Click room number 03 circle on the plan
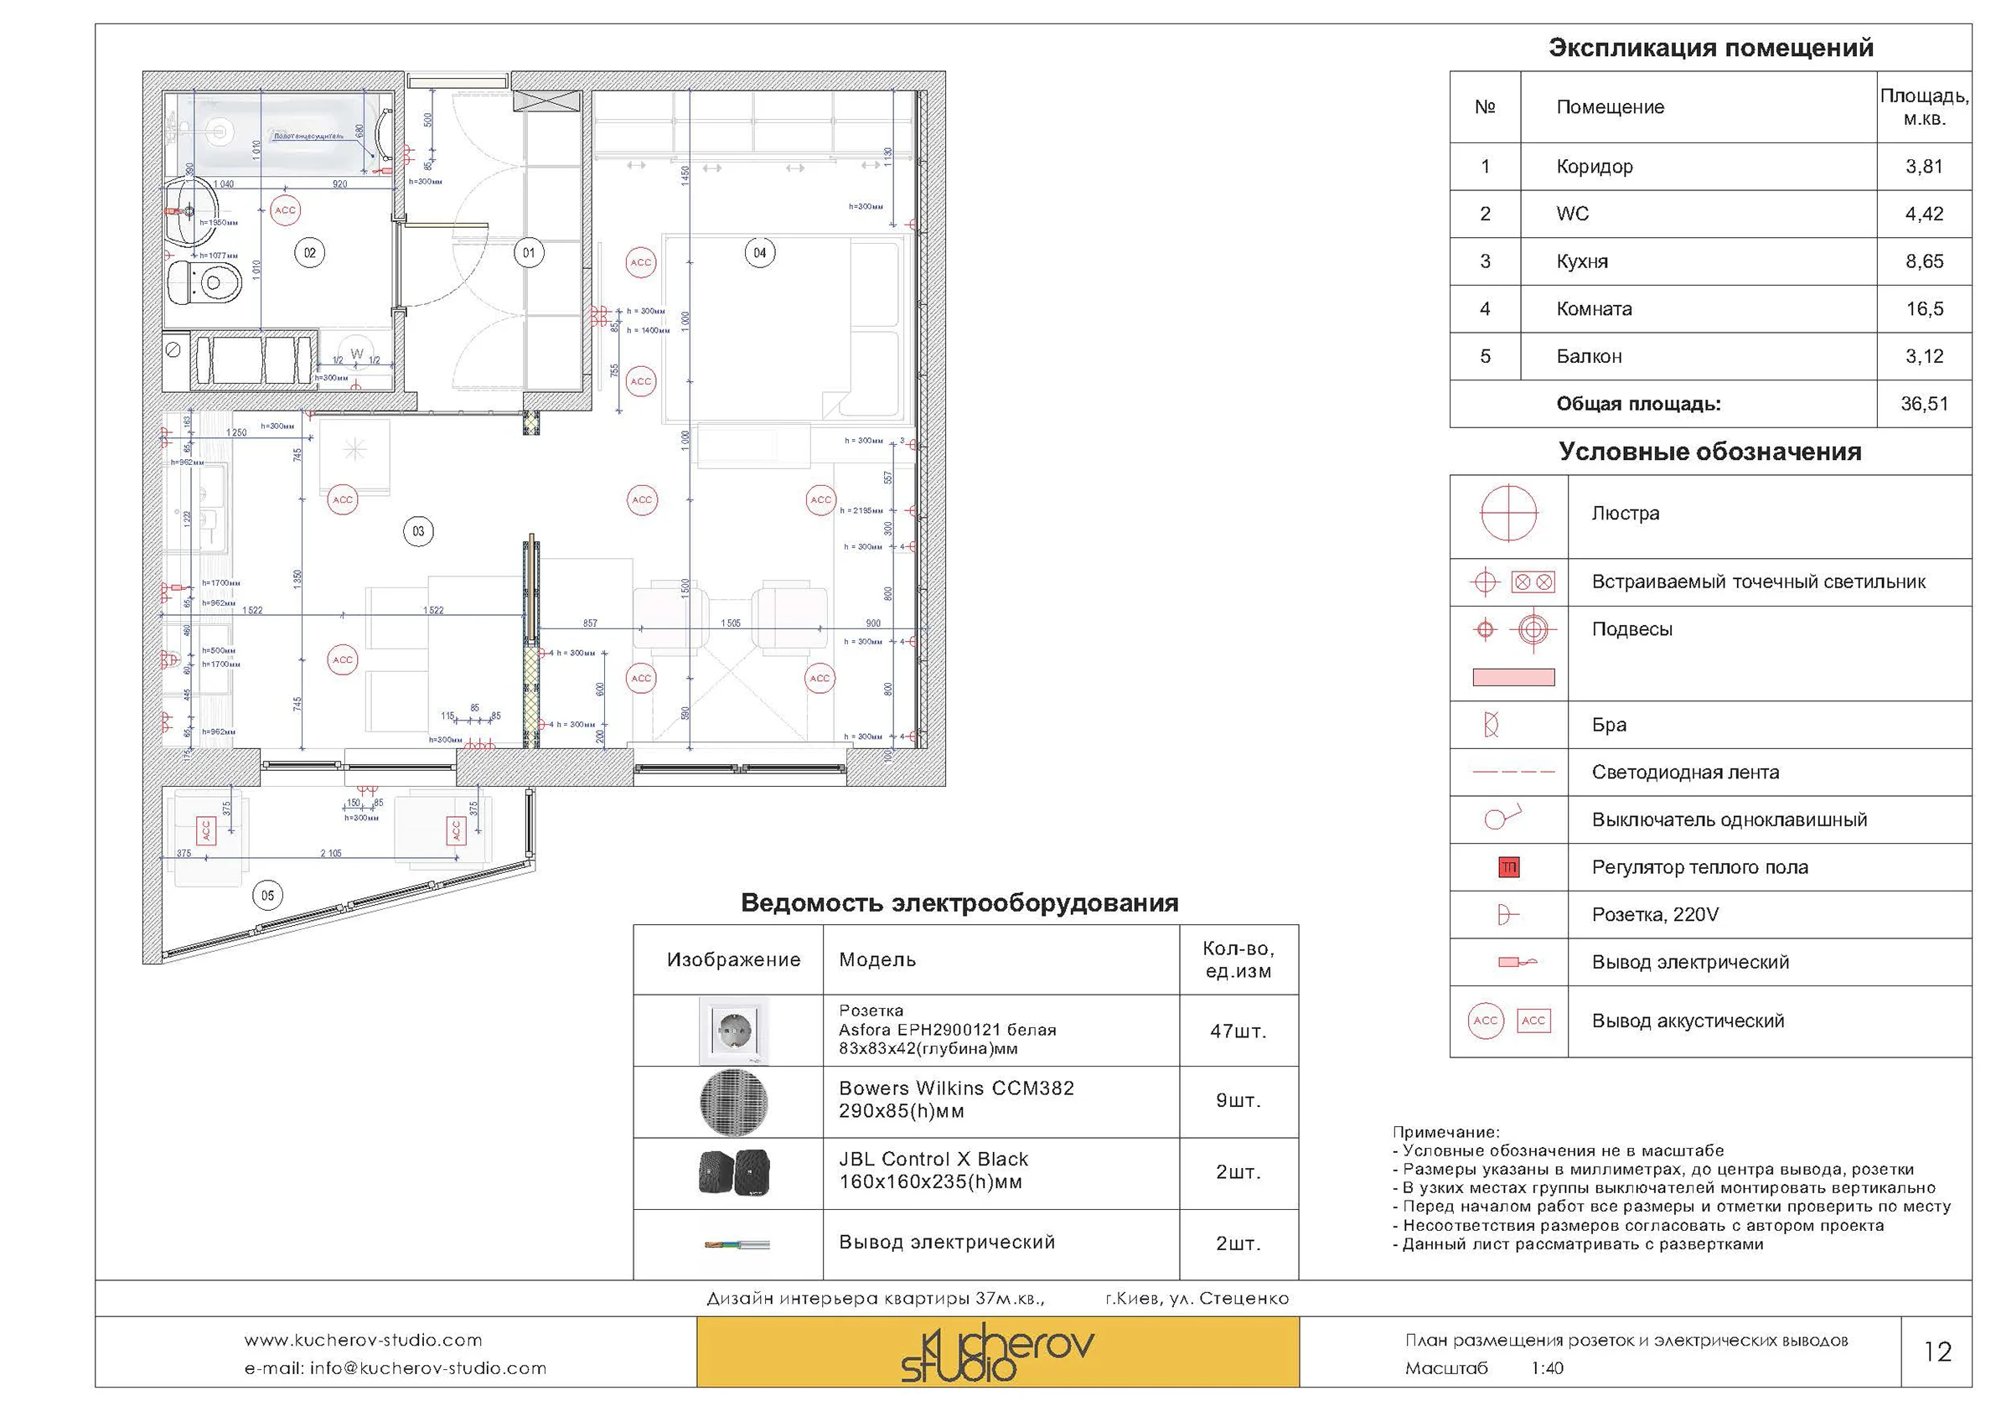point(418,531)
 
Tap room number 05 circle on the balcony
point(268,896)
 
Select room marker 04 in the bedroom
point(760,253)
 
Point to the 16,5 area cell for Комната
point(1924,309)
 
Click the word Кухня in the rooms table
point(1581,261)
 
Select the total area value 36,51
point(1924,404)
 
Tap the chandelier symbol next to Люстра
point(1508,514)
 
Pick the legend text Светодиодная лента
point(1685,773)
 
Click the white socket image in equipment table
point(734,1031)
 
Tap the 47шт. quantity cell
point(1238,1032)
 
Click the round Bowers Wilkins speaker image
point(734,1103)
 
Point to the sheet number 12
point(1937,1352)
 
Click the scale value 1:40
point(1548,1368)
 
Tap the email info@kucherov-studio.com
point(396,1368)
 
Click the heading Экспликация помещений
point(1710,48)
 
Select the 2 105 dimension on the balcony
point(330,853)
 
